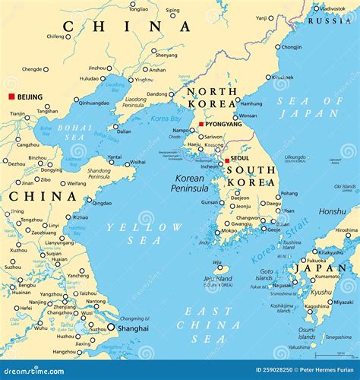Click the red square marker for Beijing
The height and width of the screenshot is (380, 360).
11,97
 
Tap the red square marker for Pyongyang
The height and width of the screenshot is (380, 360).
201,124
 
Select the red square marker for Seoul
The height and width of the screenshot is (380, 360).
226,160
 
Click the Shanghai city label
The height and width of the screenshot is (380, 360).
132,328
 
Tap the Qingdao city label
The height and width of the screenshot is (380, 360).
102,203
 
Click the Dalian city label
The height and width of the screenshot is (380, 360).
123,131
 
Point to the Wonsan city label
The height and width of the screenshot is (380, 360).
248,116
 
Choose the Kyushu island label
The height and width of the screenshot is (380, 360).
321,292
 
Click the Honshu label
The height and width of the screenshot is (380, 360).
331,211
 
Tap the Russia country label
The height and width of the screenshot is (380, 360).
335,21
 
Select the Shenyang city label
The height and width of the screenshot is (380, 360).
166,55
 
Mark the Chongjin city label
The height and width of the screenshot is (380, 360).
292,46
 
